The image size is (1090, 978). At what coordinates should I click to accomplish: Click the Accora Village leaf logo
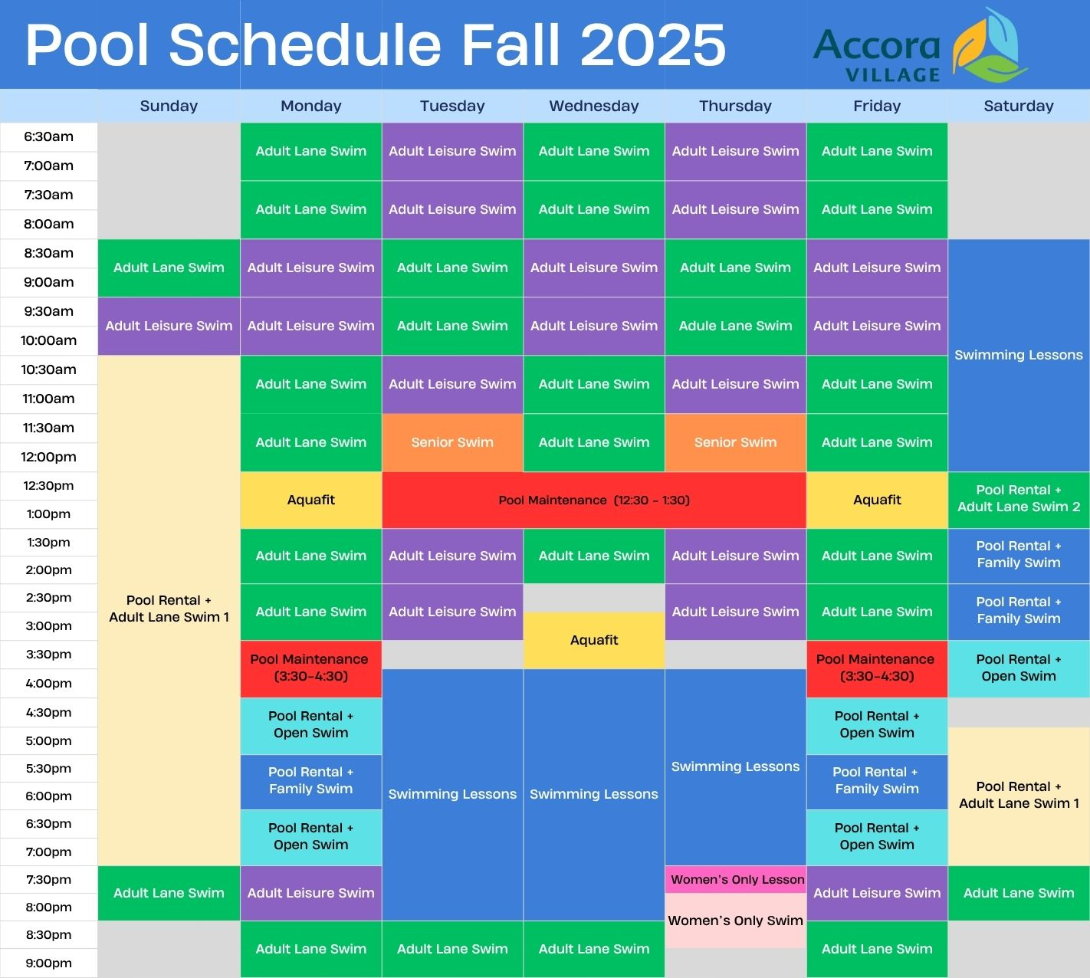989,46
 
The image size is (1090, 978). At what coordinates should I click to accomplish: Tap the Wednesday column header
594,106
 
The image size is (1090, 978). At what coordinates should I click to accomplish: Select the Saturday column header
1019,106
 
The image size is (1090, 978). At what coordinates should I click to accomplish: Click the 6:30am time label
48,136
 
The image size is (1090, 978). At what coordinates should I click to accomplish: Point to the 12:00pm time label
48,457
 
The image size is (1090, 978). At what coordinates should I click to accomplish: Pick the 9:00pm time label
48,963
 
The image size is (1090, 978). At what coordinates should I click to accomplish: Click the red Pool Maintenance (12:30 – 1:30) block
594,500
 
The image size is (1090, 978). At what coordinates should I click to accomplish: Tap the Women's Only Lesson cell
735,880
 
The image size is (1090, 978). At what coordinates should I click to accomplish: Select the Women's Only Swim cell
735,921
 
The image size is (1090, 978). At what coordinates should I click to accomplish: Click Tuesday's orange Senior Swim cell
452,442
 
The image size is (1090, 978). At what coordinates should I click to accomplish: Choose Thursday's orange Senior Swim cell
735,442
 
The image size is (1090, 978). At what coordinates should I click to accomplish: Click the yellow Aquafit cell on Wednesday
594,640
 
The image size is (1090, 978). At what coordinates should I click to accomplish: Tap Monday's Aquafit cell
311,500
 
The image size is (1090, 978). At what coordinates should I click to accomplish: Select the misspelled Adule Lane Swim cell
735,326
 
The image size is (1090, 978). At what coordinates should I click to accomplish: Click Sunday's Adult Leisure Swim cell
169,326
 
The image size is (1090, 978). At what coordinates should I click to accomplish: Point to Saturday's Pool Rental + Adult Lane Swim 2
1019,499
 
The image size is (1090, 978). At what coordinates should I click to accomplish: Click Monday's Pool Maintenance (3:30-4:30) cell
311,668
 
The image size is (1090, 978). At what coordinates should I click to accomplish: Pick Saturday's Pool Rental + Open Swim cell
1019,668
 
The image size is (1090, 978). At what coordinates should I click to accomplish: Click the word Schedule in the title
305,45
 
